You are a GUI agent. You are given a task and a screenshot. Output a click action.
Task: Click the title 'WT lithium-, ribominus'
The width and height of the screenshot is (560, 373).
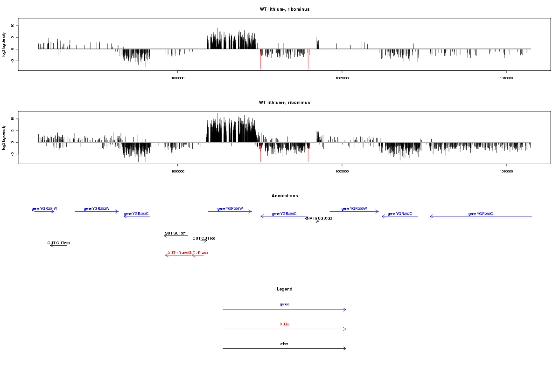point(285,9)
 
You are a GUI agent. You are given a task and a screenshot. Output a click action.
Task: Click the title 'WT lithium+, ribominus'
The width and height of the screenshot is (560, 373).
point(285,103)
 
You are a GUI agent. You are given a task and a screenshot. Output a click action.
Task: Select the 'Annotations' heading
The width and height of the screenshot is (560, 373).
point(285,196)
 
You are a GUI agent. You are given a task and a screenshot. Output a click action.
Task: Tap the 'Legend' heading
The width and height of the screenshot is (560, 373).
point(285,289)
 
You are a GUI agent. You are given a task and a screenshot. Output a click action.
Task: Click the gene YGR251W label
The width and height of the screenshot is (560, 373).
point(44,208)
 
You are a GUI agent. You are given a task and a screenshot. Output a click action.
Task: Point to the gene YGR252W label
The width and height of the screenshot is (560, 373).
point(97,208)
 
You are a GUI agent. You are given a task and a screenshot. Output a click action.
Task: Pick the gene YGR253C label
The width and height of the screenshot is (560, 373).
point(136,214)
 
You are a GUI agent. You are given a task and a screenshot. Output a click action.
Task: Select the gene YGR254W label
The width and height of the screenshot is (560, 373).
point(230,208)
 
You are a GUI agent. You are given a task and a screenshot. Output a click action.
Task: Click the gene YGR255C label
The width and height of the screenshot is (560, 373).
point(284,214)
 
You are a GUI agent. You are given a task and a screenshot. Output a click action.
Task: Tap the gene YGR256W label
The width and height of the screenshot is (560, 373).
point(354,208)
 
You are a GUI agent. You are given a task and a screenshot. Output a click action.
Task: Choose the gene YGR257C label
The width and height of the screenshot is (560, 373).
point(400,214)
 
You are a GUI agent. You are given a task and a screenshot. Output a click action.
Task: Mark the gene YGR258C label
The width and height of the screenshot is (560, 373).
point(481,214)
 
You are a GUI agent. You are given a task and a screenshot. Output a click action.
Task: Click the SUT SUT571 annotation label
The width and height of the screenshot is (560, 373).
point(175,233)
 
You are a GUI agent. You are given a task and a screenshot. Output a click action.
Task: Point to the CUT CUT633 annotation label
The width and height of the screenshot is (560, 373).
point(59,243)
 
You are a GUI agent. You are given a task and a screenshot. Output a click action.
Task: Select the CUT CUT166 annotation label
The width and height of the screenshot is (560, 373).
point(204,238)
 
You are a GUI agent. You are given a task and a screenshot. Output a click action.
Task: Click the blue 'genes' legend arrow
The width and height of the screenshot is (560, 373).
point(285,310)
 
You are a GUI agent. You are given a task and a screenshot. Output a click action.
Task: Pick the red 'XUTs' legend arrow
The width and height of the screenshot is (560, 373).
point(285,329)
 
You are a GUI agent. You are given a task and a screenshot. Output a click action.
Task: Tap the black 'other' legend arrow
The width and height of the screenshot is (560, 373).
point(285,348)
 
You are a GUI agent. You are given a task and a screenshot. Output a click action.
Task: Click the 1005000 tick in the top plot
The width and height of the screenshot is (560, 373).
point(342,78)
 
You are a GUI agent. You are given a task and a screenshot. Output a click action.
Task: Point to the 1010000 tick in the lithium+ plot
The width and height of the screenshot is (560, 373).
point(506,171)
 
